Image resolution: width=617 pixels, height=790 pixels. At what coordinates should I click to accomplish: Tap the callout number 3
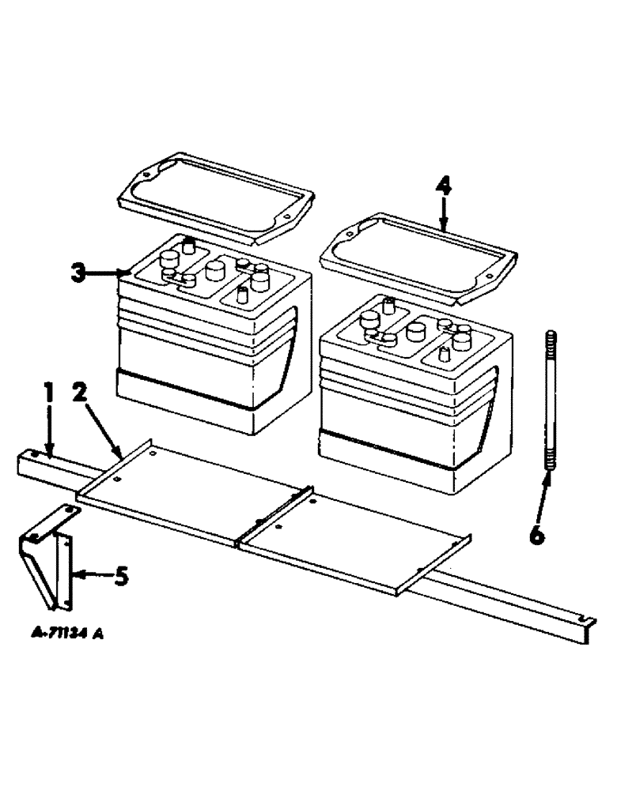click(x=76, y=274)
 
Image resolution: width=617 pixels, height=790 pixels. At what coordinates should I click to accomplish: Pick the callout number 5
click(x=120, y=577)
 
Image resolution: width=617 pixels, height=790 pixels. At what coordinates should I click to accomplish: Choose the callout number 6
click(x=536, y=535)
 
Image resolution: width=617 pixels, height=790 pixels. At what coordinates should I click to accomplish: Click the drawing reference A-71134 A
click(x=68, y=633)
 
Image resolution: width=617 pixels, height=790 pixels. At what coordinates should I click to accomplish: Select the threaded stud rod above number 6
click(x=548, y=404)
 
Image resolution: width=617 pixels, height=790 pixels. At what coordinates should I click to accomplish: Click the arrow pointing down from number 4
click(x=444, y=213)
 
